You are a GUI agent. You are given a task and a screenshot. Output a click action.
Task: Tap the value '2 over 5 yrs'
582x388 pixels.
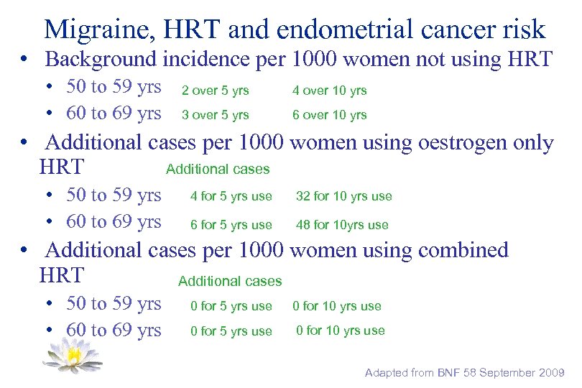[x=215, y=91]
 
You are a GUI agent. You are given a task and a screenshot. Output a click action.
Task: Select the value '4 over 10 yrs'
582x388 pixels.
[x=329, y=91]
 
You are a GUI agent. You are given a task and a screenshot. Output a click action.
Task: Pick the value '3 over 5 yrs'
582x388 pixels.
[x=215, y=115]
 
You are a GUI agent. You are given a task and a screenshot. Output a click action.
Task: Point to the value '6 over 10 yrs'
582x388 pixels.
[x=329, y=115]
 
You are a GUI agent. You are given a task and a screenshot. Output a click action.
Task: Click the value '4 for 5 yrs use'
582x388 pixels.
[x=231, y=196]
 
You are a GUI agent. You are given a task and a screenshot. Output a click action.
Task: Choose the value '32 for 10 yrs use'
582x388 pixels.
[x=343, y=196]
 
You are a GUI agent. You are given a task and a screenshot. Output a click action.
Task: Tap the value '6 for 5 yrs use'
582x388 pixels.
[x=231, y=225]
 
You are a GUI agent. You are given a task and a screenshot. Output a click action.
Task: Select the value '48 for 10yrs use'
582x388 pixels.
[x=342, y=225]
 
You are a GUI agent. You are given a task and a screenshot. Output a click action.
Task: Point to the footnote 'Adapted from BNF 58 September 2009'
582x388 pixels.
[x=465, y=373]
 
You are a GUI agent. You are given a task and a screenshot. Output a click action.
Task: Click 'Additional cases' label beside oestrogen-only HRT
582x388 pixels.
[x=218, y=170]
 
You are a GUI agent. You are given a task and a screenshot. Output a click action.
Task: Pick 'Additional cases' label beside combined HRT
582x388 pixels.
[x=230, y=282]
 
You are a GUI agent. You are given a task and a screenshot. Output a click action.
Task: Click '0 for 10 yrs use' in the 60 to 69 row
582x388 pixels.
[x=341, y=331]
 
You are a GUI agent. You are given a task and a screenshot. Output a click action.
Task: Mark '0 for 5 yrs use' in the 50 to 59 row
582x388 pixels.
[x=231, y=306]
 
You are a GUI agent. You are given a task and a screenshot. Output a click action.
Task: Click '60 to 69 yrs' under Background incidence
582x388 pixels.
[x=114, y=114]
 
